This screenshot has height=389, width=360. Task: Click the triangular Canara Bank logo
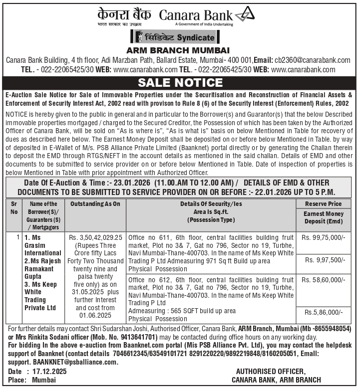(x=245, y=14)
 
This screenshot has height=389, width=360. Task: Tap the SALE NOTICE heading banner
(x=180, y=82)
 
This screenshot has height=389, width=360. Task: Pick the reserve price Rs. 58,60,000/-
(x=324, y=281)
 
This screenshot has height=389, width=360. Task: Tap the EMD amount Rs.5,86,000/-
(x=324, y=312)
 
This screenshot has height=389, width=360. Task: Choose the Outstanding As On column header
(x=95, y=204)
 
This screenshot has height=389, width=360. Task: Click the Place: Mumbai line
(x=32, y=380)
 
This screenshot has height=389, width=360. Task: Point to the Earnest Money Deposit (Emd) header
(x=324, y=217)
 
